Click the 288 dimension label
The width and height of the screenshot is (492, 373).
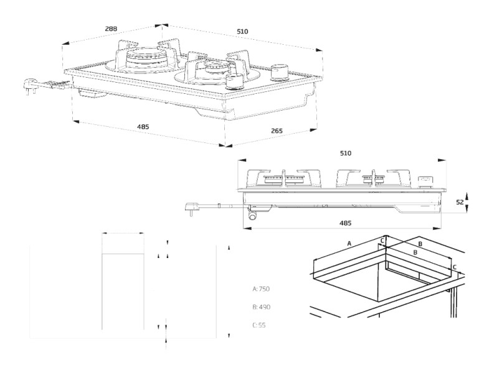click(111, 29)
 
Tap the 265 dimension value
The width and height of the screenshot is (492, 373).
click(277, 131)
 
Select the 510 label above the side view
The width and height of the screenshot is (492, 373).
click(346, 153)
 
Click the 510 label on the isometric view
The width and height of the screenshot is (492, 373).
click(242, 31)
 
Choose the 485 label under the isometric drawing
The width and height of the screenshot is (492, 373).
click(143, 127)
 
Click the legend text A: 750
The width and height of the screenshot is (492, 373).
click(262, 289)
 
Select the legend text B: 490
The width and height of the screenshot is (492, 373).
click(262, 307)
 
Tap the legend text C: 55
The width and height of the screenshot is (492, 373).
click(259, 325)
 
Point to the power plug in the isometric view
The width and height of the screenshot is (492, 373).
click(30, 83)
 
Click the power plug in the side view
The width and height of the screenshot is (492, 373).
click(192, 208)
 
